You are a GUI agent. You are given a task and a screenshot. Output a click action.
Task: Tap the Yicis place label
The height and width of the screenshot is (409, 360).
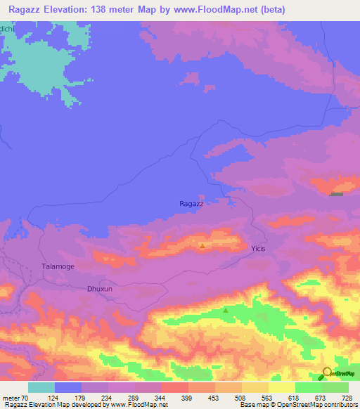pos(259,249)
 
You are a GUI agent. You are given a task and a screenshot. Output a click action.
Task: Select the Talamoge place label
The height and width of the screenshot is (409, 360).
pos(58,267)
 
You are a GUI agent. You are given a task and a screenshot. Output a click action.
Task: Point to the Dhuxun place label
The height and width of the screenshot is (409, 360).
pos(99,289)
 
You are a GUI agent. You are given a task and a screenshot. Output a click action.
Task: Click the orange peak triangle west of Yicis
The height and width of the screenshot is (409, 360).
pos(202,246)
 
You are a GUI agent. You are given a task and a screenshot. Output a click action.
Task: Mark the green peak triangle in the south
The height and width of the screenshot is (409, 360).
pos(226,310)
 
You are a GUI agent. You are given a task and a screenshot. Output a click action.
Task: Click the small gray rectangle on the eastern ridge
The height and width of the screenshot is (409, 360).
pos(337,195)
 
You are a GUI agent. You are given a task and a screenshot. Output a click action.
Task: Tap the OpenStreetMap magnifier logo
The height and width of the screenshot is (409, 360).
pos(327,372)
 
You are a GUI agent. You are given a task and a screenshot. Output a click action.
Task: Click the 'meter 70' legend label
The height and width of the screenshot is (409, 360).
pos(14,398)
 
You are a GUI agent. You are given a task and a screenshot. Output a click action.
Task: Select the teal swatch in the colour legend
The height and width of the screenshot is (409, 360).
pos(41,387)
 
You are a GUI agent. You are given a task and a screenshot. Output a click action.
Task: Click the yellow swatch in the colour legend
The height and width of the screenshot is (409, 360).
pos(281,387)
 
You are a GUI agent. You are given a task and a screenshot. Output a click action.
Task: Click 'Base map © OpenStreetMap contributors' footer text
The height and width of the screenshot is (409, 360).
pos(298,405)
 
